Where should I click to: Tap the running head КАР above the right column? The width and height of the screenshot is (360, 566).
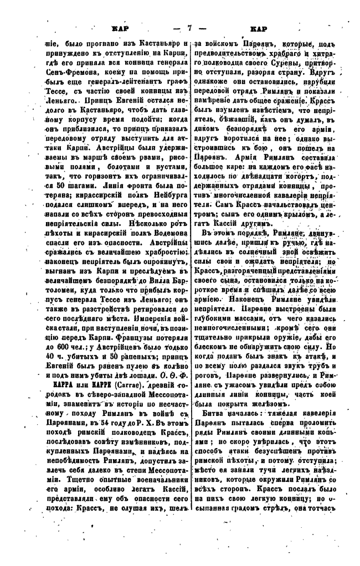(259, 28)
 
